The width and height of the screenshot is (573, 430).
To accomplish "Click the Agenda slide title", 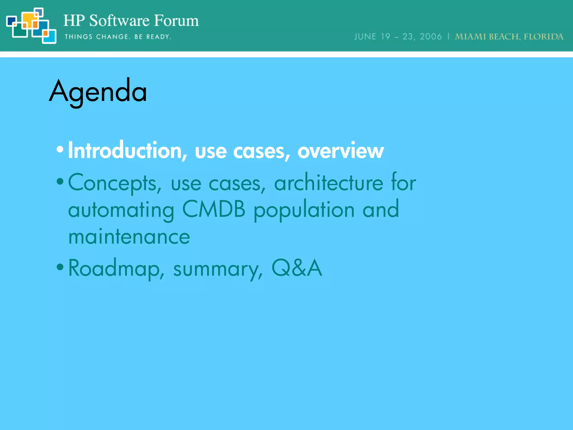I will pos(98,91).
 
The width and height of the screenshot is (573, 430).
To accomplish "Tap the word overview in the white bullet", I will pos(340,151).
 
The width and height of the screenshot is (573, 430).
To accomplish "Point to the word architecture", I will pos(328,183).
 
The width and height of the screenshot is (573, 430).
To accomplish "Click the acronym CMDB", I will pos(214,209).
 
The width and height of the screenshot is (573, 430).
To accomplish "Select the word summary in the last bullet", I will pos(218,269).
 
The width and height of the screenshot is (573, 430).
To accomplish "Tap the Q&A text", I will pos(297,268).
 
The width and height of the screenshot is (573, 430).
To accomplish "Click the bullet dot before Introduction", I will pos(60,149).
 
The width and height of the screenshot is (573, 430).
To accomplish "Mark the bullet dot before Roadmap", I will pos(60,267).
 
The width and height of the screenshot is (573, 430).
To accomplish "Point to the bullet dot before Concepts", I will pos(60,182).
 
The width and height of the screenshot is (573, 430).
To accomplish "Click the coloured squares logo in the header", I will pos(31,26).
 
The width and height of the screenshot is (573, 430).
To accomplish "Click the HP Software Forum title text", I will pos(131,21).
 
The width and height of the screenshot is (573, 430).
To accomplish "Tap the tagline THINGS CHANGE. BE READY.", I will pos(118,37).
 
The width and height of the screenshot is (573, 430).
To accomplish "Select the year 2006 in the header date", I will pos(431,37).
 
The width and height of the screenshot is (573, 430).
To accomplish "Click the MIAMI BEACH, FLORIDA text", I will pos(509,37).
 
